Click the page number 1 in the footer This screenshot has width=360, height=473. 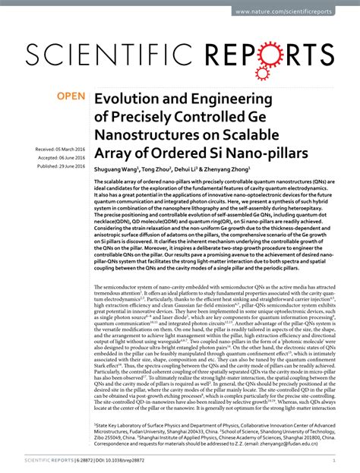(x=335, y=460)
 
